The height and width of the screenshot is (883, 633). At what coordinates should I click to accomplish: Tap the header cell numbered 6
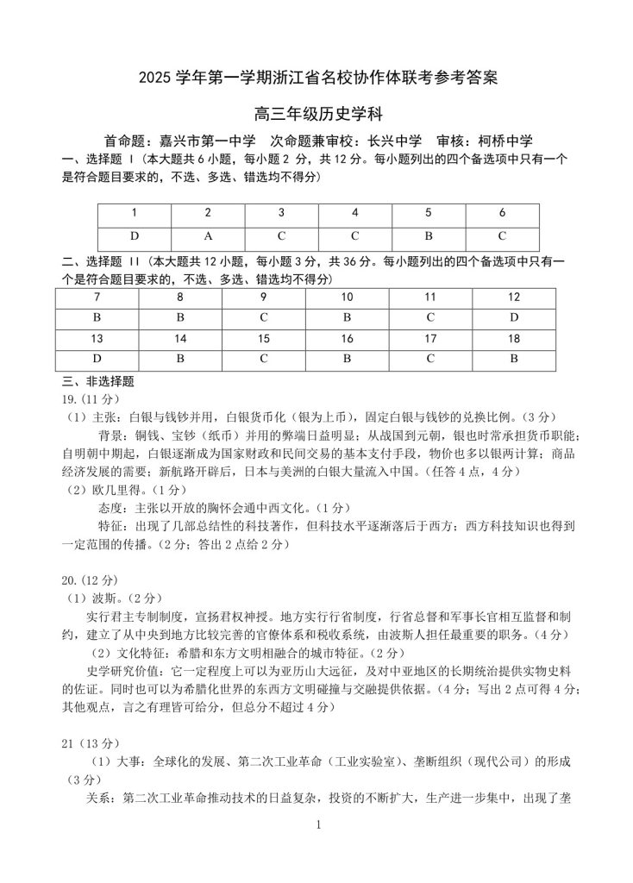coord(502,212)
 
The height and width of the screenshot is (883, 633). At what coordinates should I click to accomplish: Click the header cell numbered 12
coord(514,297)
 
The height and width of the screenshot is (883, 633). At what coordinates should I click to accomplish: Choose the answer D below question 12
coord(514,317)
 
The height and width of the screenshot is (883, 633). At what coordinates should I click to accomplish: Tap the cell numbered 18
coord(514,338)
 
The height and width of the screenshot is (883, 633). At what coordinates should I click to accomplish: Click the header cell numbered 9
coord(264,297)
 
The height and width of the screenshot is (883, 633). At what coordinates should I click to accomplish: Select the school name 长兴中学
coord(394,141)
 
